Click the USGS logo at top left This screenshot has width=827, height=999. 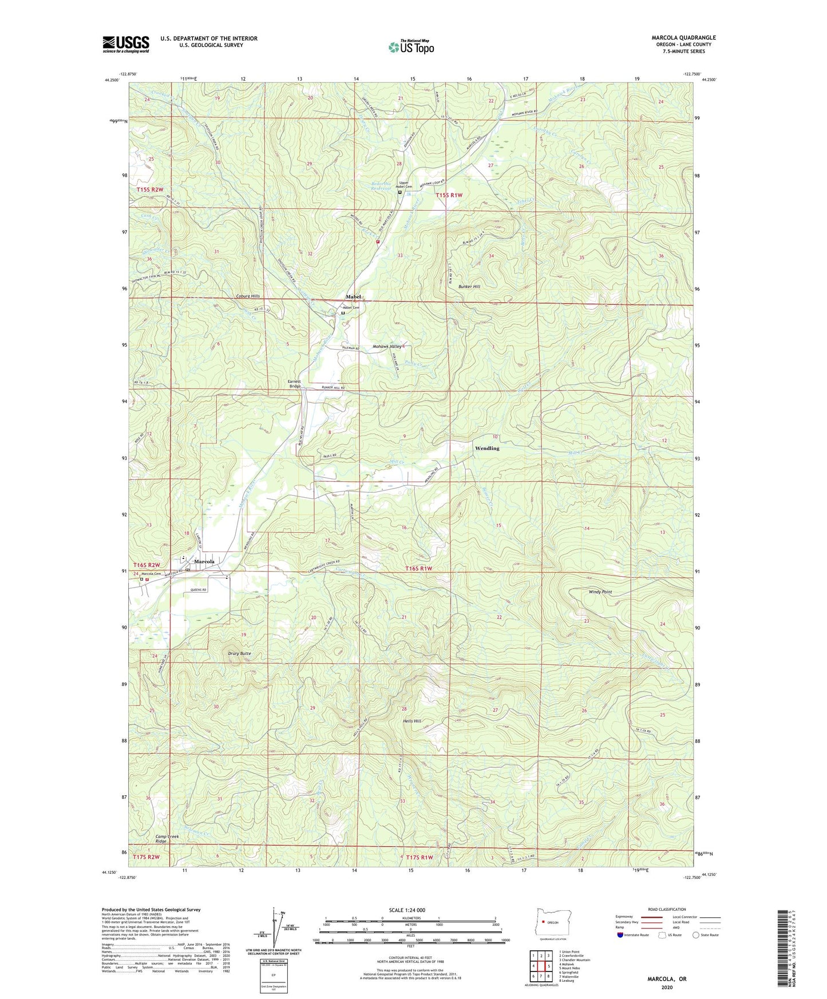click(126, 44)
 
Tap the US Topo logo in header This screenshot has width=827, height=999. click(411, 47)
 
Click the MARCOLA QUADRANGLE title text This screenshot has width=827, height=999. click(683, 38)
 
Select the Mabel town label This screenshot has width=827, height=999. click(353, 296)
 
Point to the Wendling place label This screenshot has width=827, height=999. click(487, 449)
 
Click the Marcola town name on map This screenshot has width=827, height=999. click(204, 562)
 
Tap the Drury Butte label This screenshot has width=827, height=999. click(239, 653)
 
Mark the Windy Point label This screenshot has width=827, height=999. click(600, 592)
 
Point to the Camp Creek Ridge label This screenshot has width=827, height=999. click(168, 839)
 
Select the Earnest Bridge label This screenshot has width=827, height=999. click(294, 384)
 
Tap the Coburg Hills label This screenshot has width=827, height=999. click(248, 296)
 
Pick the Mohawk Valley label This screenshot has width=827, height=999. click(387, 347)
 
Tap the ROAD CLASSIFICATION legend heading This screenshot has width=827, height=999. click(667, 909)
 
